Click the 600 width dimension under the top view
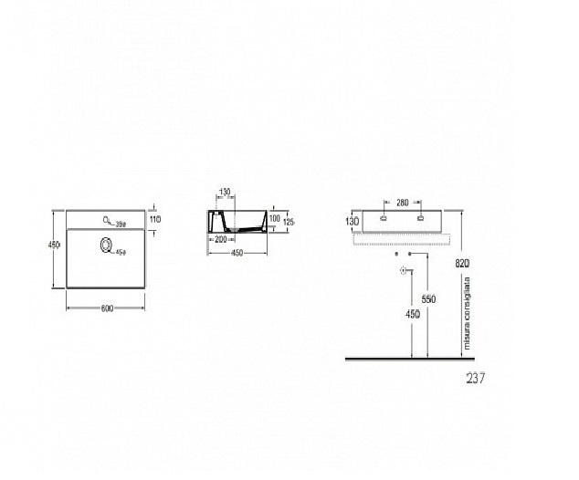(x=107, y=308)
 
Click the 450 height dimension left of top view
(x=54, y=244)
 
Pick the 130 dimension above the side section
(x=225, y=193)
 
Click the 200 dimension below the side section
(x=220, y=239)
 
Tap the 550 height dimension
(x=429, y=298)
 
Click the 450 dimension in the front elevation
(x=414, y=316)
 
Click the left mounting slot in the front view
(x=384, y=219)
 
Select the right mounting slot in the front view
(x=420, y=219)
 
